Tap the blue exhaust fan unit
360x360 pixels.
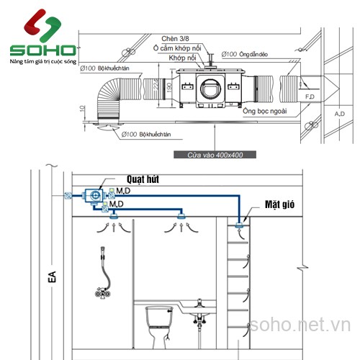(x=94, y=196)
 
